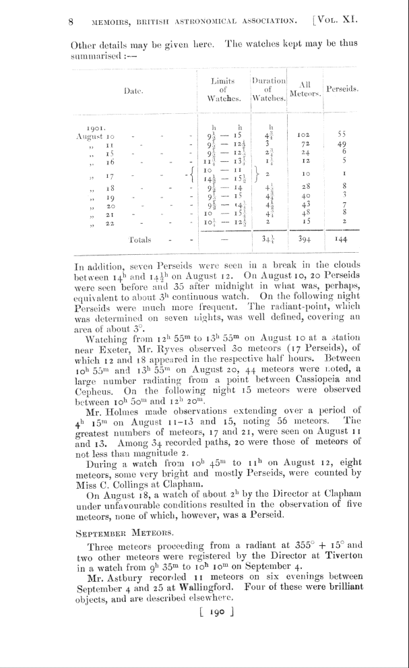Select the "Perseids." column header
[342, 88]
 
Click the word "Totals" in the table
[139, 239]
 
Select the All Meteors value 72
[303, 144]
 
